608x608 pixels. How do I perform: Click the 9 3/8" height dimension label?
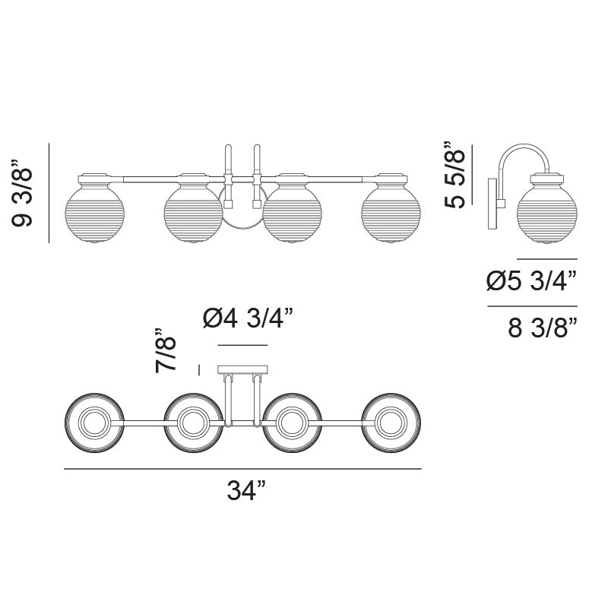point(23,193)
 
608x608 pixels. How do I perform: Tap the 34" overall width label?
point(246,490)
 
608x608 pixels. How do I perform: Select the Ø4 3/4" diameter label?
point(248,318)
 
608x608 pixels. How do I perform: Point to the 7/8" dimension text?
point(166,350)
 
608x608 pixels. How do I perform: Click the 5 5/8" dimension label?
point(454,176)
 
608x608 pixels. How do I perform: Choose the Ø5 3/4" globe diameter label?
point(531,280)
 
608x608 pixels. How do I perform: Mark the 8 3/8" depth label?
point(543,328)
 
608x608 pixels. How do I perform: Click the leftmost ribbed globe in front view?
point(94,214)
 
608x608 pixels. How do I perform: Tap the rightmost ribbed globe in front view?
point(391,214)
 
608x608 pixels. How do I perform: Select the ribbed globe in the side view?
point(546,214)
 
